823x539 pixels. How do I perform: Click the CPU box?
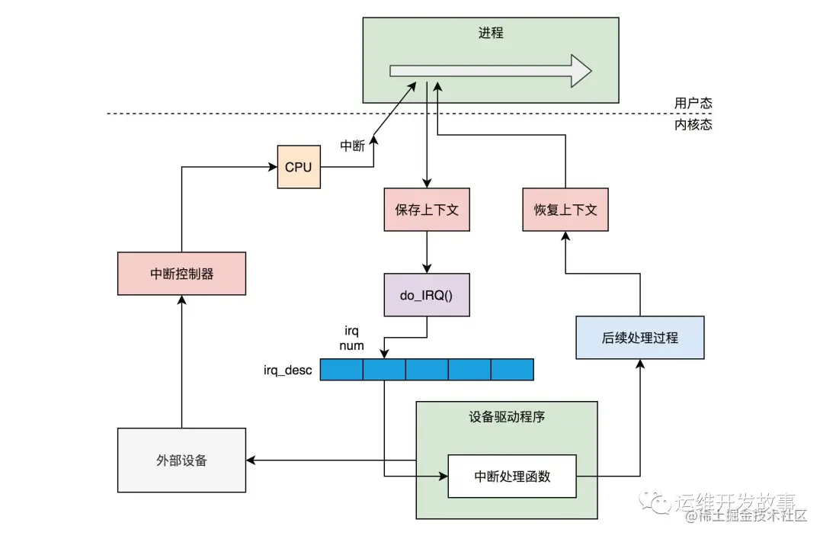(x=298, y=166)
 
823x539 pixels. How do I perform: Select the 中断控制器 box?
(x=181, y=273)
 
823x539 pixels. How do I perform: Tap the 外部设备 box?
(x=181, y=460)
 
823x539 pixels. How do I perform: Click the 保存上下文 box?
(x=426, y=210)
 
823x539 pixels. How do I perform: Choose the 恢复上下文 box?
(x=565, y=210)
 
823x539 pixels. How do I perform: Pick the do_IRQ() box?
(x=426, y=294)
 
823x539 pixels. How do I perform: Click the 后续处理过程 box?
(x=639, y=337)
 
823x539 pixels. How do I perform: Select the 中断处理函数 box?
(x=511, y=476)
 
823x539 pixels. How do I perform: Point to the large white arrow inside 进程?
(x=488, y=71)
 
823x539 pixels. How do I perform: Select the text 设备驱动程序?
(x=506, y=417)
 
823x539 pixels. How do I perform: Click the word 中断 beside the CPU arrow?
(x=352, y=146)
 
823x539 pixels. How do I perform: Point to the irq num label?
(x=351, y=338)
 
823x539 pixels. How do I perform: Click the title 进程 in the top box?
(x=490, y=34)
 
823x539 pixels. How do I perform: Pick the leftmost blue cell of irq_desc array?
(x=341, y=370)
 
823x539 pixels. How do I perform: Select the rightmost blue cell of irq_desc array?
(x=511, y=370)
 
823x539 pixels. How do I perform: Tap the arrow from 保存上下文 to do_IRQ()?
(x=426, y=252)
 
